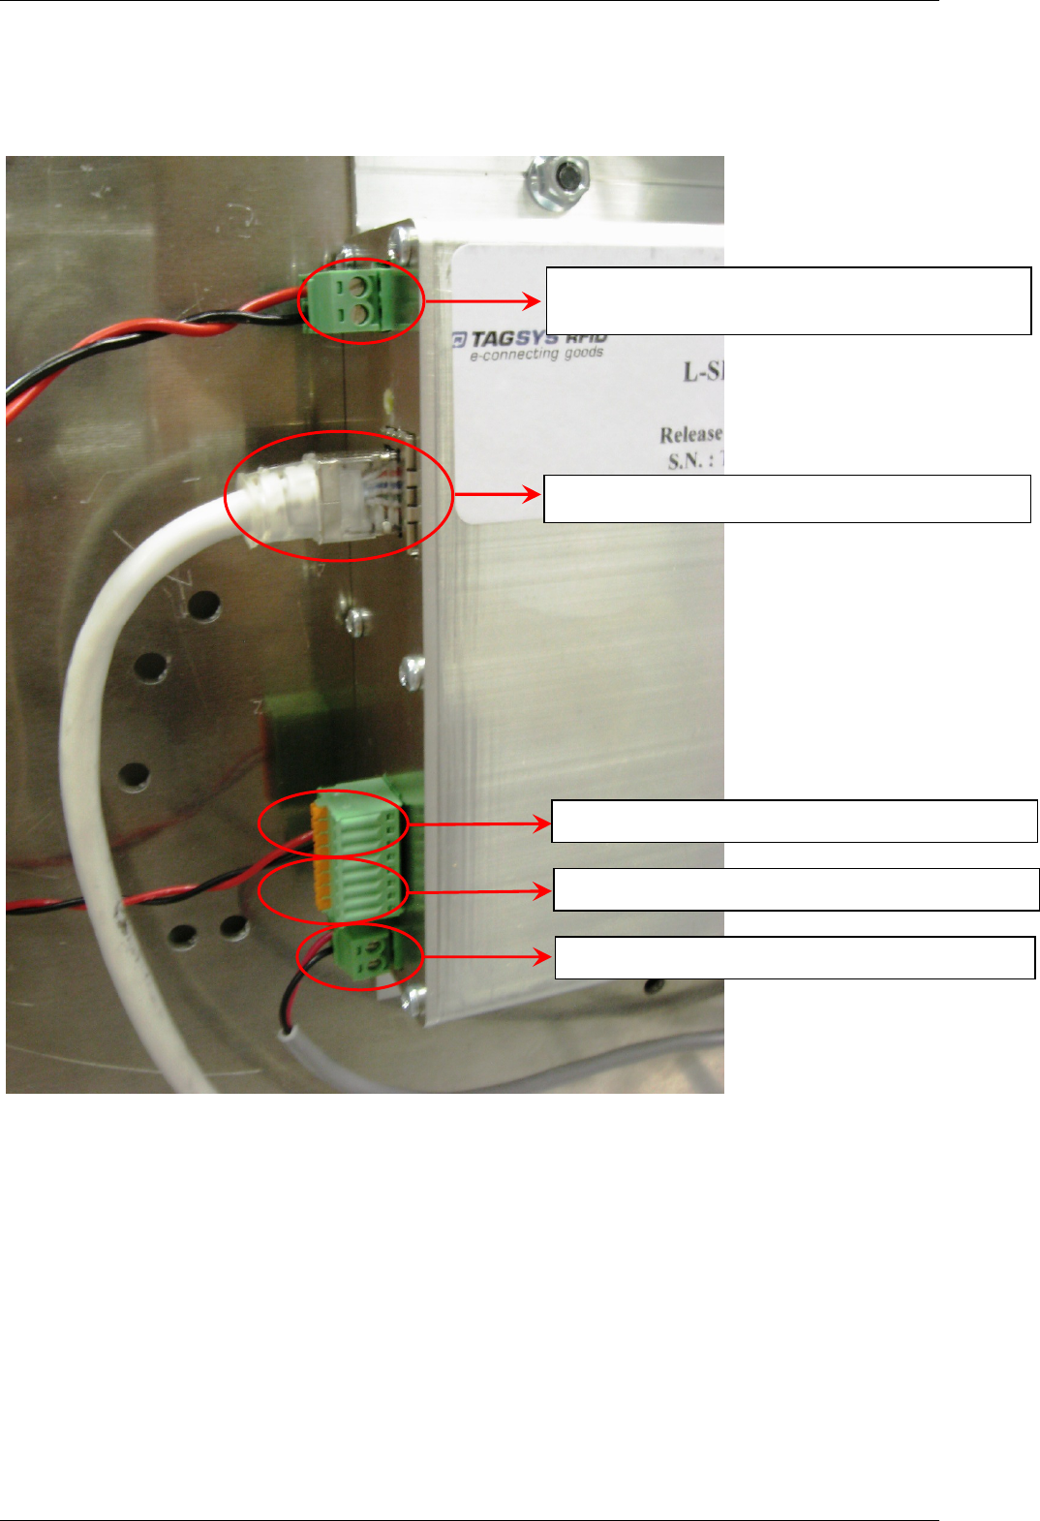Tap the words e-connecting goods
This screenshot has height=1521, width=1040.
point(535,355)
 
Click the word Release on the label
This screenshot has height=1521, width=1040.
point(691,434)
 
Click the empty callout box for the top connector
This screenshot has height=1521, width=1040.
point(788,301)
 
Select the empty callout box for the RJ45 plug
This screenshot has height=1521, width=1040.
point(786,499)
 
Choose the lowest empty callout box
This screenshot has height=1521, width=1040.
point(794,957)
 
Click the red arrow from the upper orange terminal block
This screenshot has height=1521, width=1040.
point(478,824)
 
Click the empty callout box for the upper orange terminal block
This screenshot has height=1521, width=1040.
point(794,822)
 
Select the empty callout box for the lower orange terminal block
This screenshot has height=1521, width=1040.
point(796,889)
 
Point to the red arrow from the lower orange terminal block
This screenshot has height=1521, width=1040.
point(479,891)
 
